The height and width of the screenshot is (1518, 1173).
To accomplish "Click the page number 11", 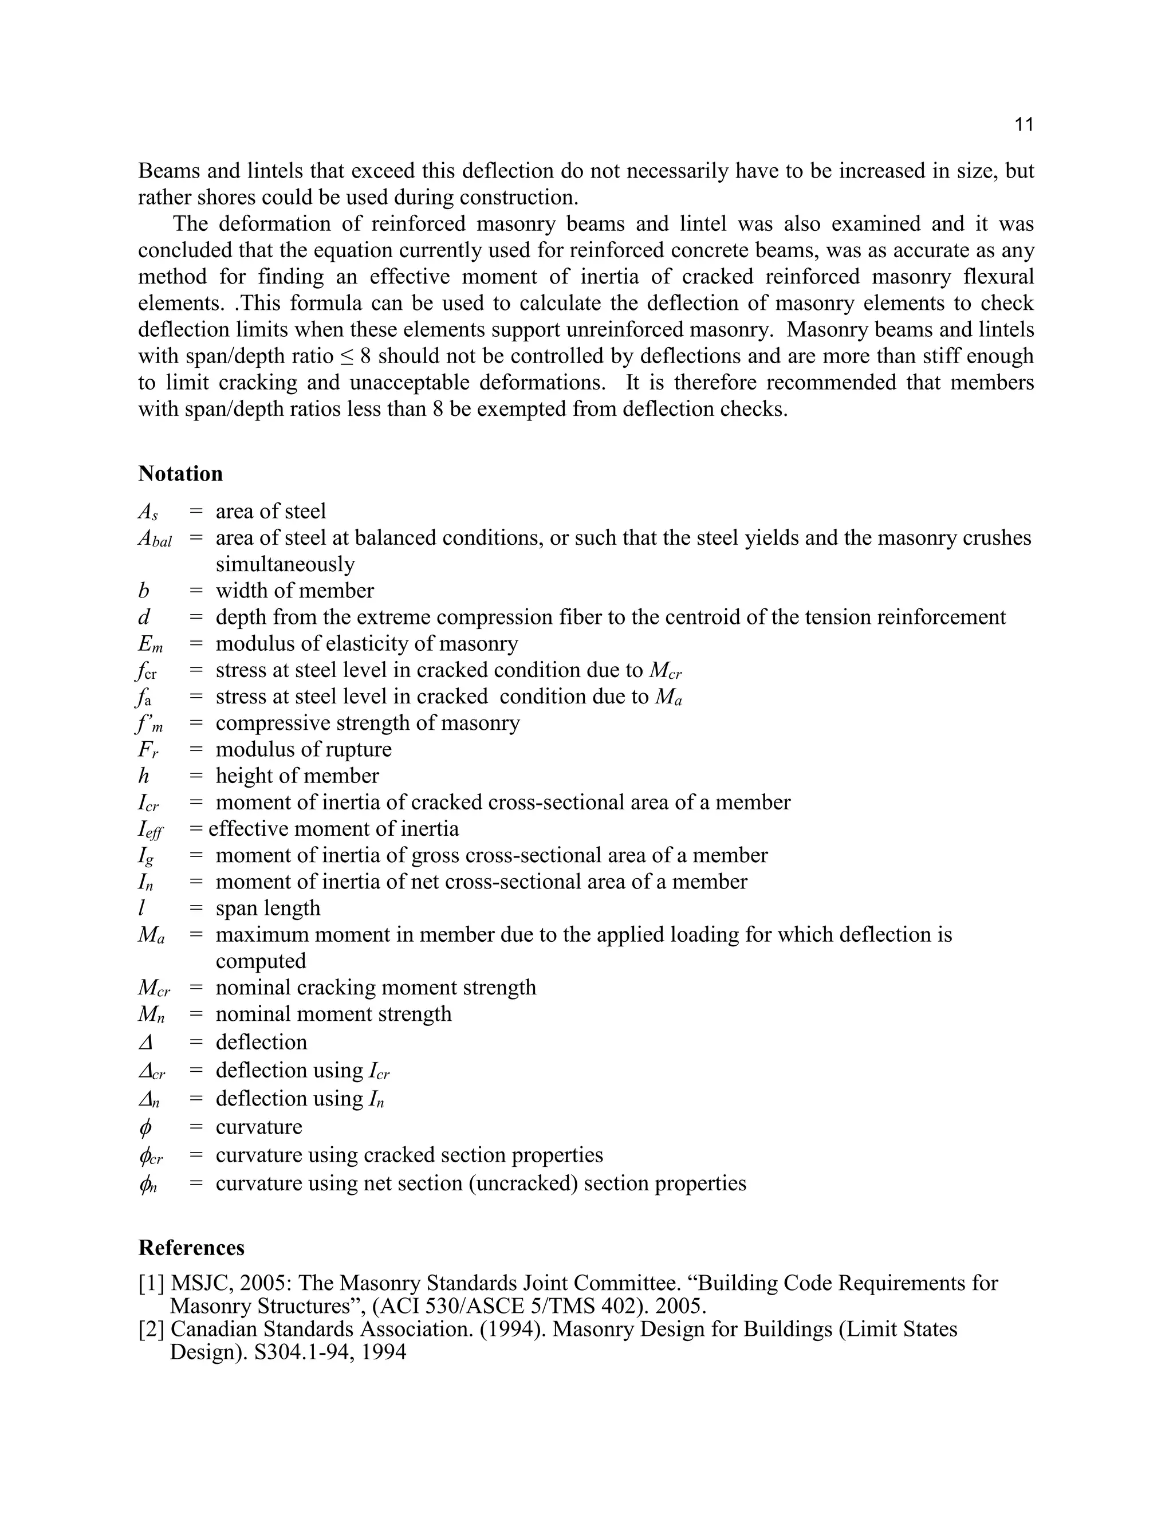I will point(1024,125).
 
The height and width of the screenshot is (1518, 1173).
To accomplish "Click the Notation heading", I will point(180,474).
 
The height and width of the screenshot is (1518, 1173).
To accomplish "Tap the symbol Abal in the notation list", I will point(154,538).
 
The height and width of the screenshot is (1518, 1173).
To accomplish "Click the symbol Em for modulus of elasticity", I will point(150,644).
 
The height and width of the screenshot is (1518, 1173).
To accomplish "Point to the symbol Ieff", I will point(150,830).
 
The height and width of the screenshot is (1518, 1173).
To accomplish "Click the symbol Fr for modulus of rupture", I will point(148,750).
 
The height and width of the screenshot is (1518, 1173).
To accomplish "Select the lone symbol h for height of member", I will point(144,776).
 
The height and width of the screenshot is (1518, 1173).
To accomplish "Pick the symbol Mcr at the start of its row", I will point(153,988).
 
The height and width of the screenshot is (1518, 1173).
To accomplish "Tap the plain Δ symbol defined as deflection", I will point(146,1043).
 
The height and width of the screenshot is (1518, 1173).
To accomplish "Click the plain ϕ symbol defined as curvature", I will point(145,1127).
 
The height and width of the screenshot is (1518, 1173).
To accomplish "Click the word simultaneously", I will point(285,564).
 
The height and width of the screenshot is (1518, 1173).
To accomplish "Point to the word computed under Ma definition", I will point(261,961).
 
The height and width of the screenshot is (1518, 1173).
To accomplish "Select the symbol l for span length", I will point(142,909).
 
